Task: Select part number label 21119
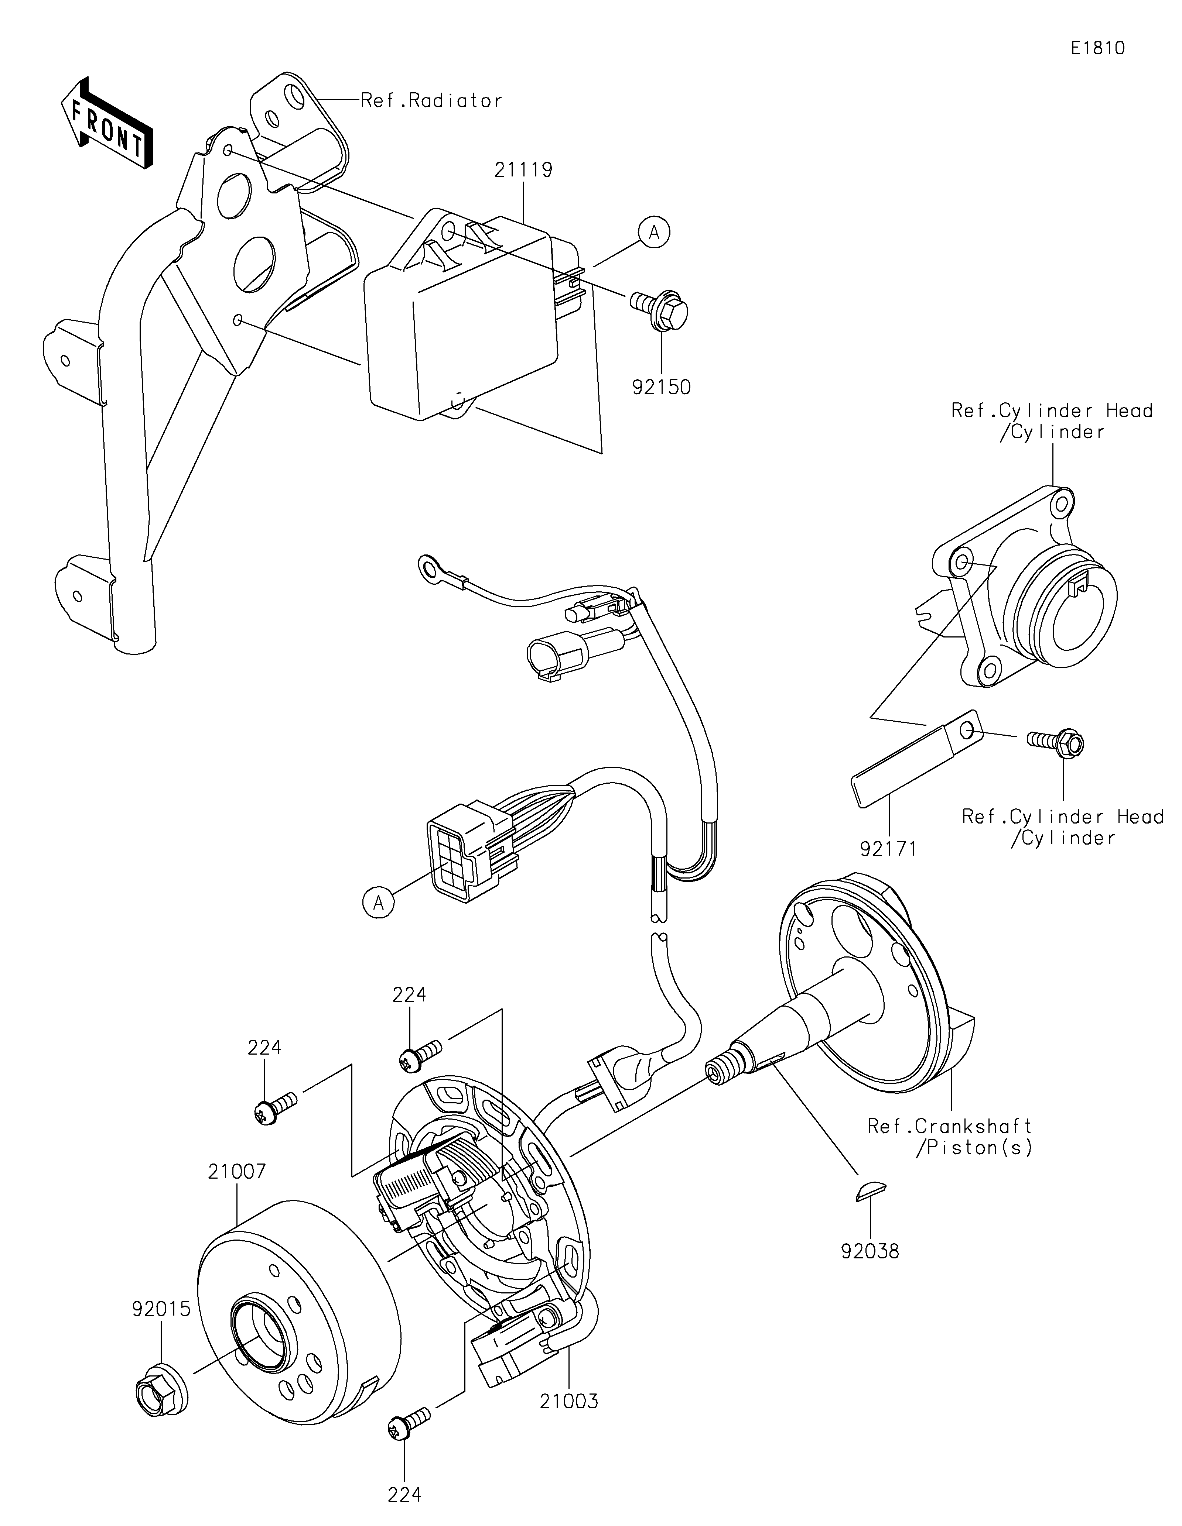(x=523, y=170)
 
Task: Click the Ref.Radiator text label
(x=431, y=101)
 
